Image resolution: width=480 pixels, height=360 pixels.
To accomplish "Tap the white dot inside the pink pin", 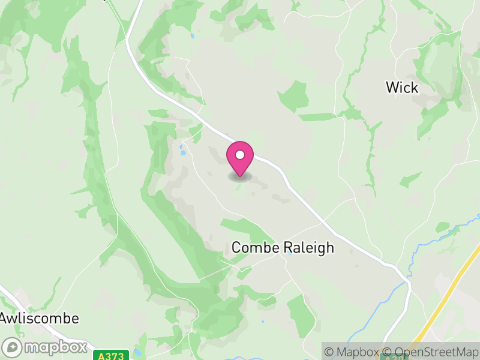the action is click(x=240, y=155).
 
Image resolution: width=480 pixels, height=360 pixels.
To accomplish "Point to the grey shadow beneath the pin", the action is click(x=240, y=177).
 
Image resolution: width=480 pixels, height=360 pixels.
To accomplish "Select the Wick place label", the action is click(x=401, y=88).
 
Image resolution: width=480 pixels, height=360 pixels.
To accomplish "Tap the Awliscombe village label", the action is click(x=40, y=318).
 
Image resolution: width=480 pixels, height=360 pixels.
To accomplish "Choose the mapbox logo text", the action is click(x=55, y=347).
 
